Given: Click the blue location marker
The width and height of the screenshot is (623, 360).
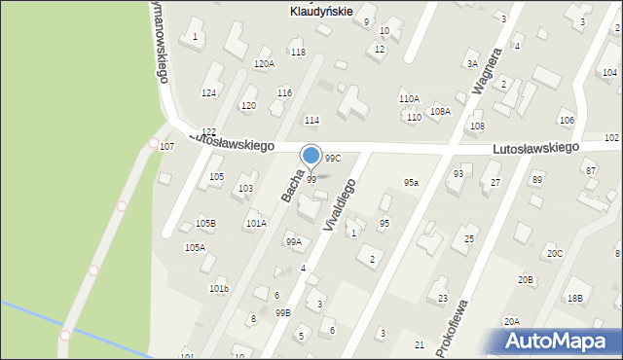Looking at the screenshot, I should click(311, 156).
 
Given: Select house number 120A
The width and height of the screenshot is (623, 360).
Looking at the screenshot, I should click(264, 64).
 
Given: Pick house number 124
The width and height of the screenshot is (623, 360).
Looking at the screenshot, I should click(208, 93).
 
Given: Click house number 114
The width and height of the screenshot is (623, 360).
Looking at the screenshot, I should click(311, 121).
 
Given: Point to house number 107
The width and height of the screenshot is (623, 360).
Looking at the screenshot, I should click(166, 147).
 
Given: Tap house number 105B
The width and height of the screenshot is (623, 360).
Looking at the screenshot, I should click(205, 224).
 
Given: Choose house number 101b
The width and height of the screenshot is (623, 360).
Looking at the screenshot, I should click(219, 289).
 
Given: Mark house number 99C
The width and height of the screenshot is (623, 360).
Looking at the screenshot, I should click(333, 158).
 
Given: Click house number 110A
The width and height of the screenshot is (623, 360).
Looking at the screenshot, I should click(409, 99).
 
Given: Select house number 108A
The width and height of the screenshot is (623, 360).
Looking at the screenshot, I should click(441, 112).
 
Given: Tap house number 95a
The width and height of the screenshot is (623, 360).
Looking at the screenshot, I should click(412, 183).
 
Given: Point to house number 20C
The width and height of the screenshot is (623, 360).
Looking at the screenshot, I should click(554, 254).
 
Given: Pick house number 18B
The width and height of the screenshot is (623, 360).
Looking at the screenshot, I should click(575, 299).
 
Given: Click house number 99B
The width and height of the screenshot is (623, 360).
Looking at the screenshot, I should click(283, 312).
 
